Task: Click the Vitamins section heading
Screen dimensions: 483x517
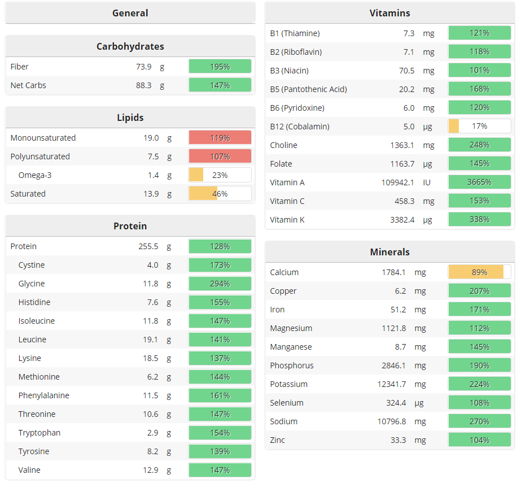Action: [389, 13]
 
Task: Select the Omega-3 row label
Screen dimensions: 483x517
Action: [35, 175]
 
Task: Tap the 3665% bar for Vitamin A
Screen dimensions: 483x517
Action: [479, 182]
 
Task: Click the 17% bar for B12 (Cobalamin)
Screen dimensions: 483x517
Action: [479, 126]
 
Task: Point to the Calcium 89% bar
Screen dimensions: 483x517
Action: [479, 272]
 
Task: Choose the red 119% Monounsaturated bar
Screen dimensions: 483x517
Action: [220, 138]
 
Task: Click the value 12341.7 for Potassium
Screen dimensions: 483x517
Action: [392, 384]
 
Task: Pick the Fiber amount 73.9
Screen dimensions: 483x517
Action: [143, 67]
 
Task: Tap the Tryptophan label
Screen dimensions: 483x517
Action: [40, 433]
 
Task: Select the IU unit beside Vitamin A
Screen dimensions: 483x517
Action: [427, 182]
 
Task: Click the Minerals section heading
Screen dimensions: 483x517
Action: [389, 252]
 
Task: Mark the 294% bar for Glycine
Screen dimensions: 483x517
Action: [220, 284]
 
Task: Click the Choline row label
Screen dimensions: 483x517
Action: [283, 145]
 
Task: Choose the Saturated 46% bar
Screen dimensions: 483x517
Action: [220, 194]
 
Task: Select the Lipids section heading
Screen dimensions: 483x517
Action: [130, 118]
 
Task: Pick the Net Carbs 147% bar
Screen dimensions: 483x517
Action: [220, 85]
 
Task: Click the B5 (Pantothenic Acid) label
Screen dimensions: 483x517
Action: [308, 89]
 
